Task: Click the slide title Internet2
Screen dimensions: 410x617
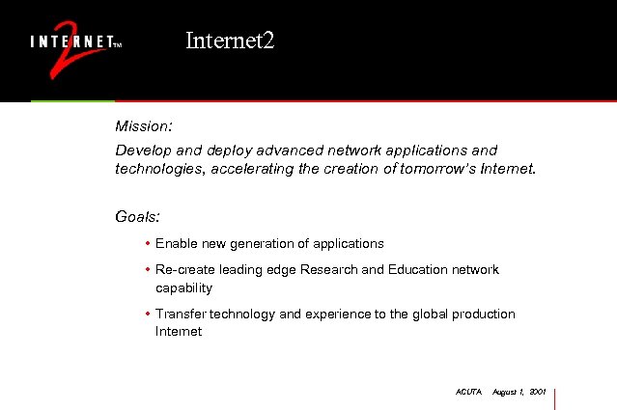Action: (230, 41)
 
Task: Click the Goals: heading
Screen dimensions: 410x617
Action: (137, 218)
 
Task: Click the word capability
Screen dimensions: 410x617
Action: (183, 287)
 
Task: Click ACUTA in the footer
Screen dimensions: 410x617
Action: (467, 392)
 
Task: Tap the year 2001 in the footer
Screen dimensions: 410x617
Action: (539, 392)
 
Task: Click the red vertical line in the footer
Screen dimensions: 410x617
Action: (556, 397)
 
